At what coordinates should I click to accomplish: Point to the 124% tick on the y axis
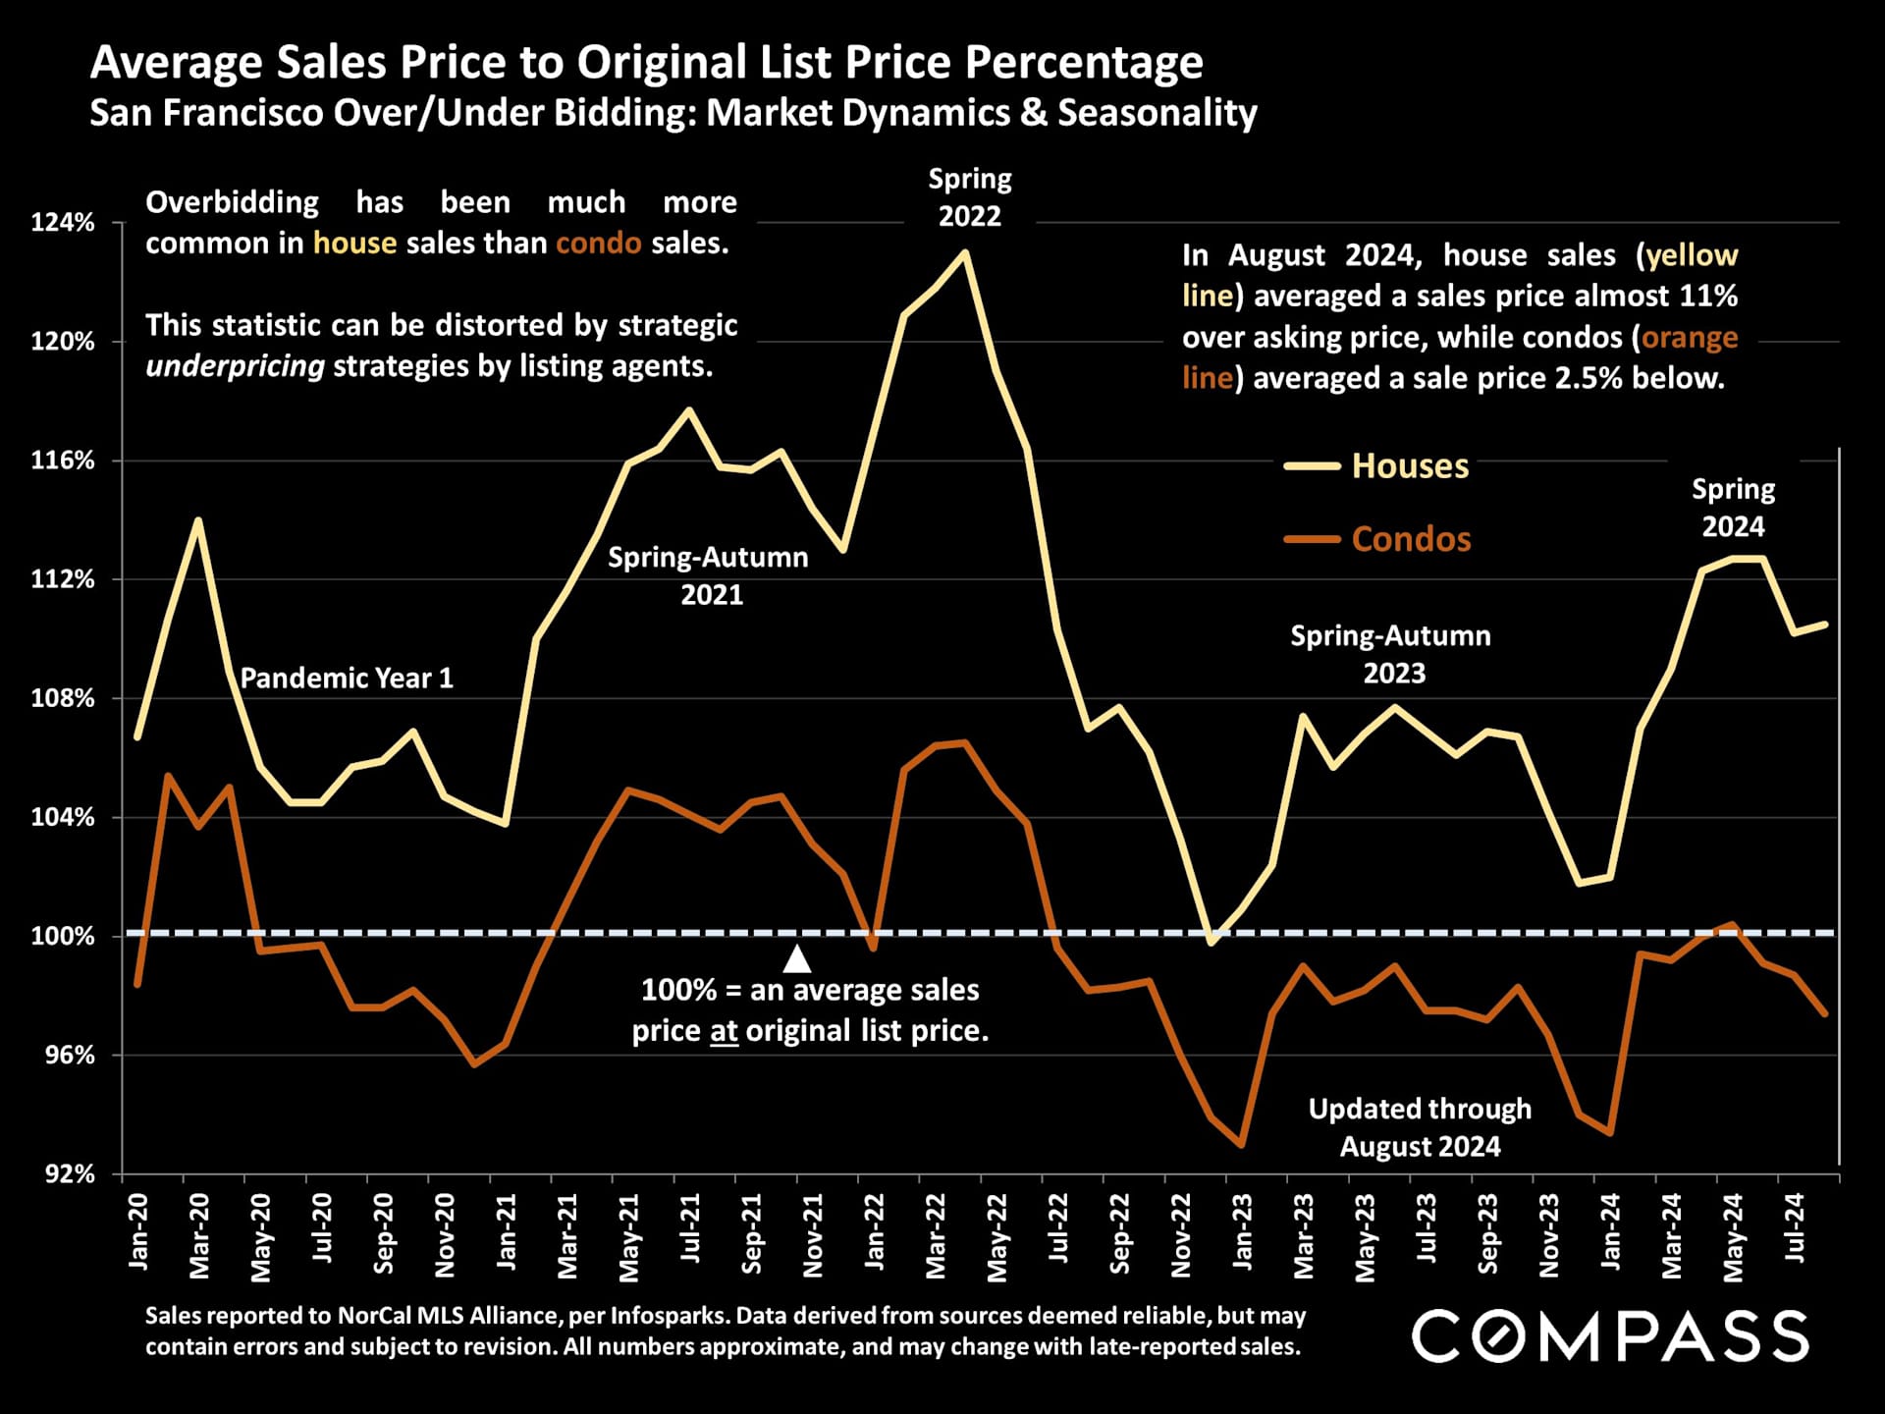(x=63, y=223)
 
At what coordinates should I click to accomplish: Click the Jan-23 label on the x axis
(x=1242, y=1232)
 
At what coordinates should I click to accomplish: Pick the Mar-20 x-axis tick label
(x=199, y=1235)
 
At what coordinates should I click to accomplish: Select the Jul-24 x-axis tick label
(x=1794, y=1228)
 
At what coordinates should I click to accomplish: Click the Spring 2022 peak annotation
(x=969, y=197)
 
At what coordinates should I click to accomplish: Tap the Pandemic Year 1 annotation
(x=347, y=679)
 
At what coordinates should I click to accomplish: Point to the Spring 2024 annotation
(x=1733, y=508)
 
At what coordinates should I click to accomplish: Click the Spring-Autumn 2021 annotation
(x=708, y=575)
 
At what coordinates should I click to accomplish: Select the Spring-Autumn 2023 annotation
(x=1390, y=654)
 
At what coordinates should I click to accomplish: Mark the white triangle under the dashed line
(x=797, y=958)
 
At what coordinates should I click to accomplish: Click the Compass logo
(x=1610, y=1336)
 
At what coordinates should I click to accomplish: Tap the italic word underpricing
(x=235, y=366)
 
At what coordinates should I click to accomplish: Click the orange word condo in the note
(x=598, y=244)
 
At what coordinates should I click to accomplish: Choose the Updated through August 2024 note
(x=1420, y=1127)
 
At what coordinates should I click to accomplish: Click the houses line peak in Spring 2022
(x=966, y=252)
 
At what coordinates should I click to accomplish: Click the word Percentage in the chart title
(x=1084, y=63)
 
